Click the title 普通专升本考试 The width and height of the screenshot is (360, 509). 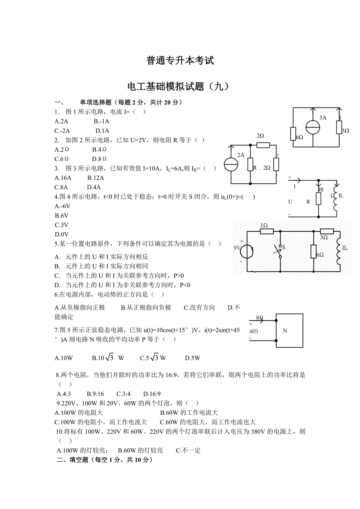[x=180, y=61]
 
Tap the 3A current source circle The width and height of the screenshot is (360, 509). [x=313, y=127]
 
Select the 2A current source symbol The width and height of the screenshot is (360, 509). [x=231, y=165]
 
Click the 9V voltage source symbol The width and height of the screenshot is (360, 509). [x=247, y=251]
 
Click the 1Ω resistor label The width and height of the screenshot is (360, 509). [x=264, y=226]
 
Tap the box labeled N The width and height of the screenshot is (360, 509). [x=289, y=331]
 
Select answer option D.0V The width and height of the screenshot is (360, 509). [x=62, y=235]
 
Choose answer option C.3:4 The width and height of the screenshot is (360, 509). [x=123, y=394]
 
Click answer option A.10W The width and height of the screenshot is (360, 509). [x=64, y=358]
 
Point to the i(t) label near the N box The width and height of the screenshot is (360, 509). [x=259, y=317]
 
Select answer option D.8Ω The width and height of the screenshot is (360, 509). [x=99, y=159]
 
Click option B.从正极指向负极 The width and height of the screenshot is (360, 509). [x=146, y=308]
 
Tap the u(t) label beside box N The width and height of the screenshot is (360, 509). [x=254, y=331]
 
